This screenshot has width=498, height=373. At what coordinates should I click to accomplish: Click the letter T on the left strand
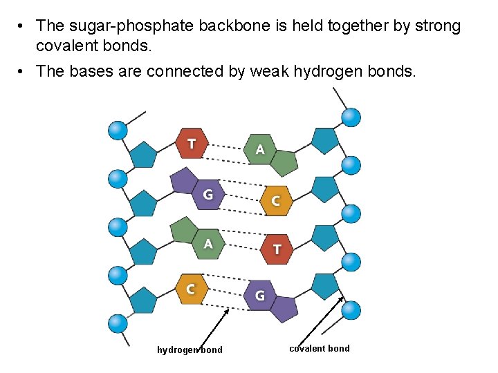pos(192,144)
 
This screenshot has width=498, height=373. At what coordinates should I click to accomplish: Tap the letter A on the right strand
pos(260,149)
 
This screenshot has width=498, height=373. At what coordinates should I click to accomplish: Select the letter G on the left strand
pos(207,195)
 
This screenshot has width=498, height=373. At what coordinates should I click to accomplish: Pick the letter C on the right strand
pos(275,201)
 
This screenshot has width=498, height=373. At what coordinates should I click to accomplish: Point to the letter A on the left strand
pos(207,244)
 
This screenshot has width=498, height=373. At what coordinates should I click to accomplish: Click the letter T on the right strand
pos(277,249)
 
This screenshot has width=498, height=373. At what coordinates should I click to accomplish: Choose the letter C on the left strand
pos(190,289)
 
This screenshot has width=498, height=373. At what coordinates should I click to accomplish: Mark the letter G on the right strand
pos(259,296)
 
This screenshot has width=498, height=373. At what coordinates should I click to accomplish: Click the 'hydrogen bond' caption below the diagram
pos(190,350)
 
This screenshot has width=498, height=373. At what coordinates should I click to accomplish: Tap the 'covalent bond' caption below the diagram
pos(320,348)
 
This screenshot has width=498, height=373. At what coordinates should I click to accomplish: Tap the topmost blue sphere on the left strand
pos(118,130)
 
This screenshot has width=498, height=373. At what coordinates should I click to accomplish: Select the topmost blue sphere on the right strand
pos(351,117)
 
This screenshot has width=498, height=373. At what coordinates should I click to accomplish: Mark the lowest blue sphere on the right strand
pos(351,310)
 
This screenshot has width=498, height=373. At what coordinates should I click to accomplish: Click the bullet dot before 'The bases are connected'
pos(23,70)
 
